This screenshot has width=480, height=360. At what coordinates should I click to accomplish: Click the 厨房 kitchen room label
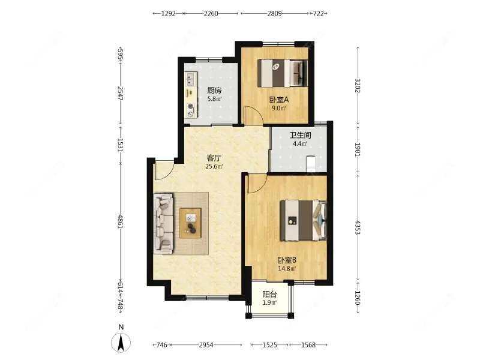214,91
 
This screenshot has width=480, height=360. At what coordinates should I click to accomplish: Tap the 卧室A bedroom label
279,100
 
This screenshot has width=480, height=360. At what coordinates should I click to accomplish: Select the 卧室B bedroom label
287,260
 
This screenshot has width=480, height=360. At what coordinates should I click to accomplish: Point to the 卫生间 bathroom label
301,135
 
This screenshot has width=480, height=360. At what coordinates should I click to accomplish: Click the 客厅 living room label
214,158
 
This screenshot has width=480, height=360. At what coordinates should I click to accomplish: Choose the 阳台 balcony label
269,295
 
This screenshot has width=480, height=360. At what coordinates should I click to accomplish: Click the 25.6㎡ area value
214,167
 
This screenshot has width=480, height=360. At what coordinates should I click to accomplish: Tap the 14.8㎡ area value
287,269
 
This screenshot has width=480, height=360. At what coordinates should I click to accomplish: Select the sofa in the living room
163,223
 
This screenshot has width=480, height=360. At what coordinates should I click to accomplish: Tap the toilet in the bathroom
311,164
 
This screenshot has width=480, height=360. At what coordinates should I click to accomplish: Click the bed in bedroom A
282,73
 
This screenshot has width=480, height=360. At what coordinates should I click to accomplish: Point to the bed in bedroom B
304,220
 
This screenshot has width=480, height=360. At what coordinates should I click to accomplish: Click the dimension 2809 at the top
275,13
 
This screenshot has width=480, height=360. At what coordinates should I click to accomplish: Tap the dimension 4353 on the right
357,227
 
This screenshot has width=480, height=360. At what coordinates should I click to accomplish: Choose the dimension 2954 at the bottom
206,345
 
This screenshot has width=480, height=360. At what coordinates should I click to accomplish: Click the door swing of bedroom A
253,115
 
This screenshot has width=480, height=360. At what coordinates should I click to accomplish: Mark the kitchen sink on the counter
190,79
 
